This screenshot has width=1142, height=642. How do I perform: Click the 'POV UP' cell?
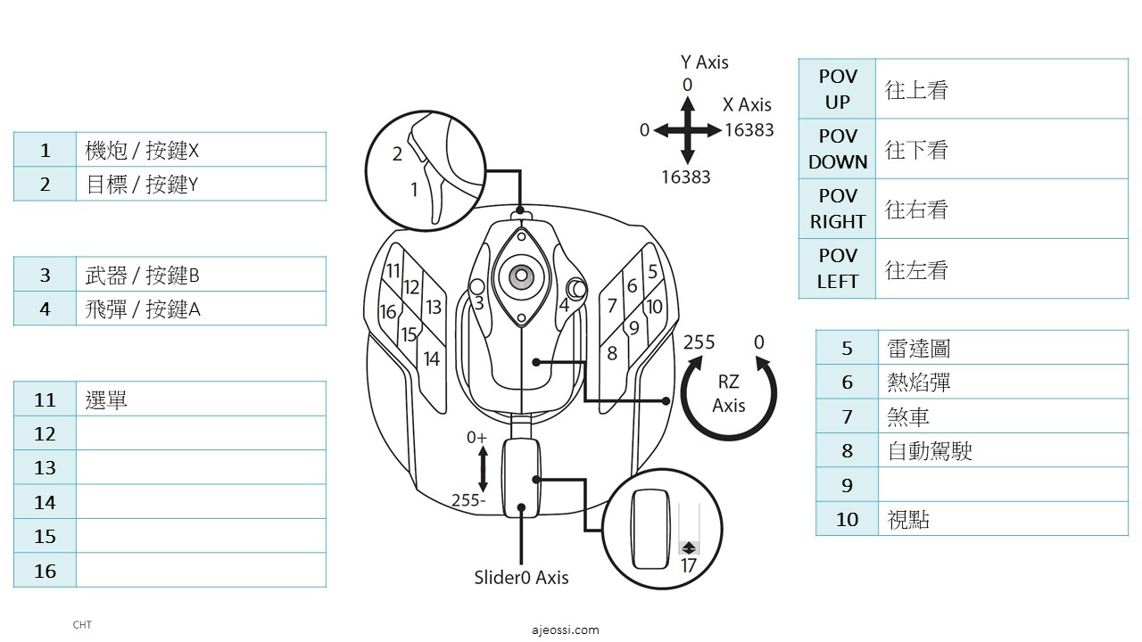coord(837,89)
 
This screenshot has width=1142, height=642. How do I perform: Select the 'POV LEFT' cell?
coord(837,268)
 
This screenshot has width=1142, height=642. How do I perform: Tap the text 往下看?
coord(916,150)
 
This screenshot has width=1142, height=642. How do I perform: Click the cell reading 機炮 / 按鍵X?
coord(142,150)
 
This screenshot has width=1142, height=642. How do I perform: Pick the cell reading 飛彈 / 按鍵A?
coord(143,309)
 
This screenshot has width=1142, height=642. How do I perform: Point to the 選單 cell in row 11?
coord(107,399)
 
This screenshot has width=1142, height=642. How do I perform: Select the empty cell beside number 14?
coord(201,502)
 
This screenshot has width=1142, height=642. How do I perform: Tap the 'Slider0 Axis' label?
coord(521,577)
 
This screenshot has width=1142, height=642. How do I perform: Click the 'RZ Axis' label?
coord(728,393)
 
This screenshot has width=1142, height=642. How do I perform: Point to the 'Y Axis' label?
coord(704,62)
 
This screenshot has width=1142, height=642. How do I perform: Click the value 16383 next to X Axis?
coord(749,130)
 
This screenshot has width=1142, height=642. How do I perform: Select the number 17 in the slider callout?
coord(688,565)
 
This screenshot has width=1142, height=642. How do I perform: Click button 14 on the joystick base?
coord(432,358)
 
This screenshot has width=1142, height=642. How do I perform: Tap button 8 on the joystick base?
coord(612,353)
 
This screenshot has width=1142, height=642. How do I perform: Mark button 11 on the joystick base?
coord(393,271)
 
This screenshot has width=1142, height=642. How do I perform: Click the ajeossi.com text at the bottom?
coord(565,630)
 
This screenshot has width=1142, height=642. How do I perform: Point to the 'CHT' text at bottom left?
coord(82,625)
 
